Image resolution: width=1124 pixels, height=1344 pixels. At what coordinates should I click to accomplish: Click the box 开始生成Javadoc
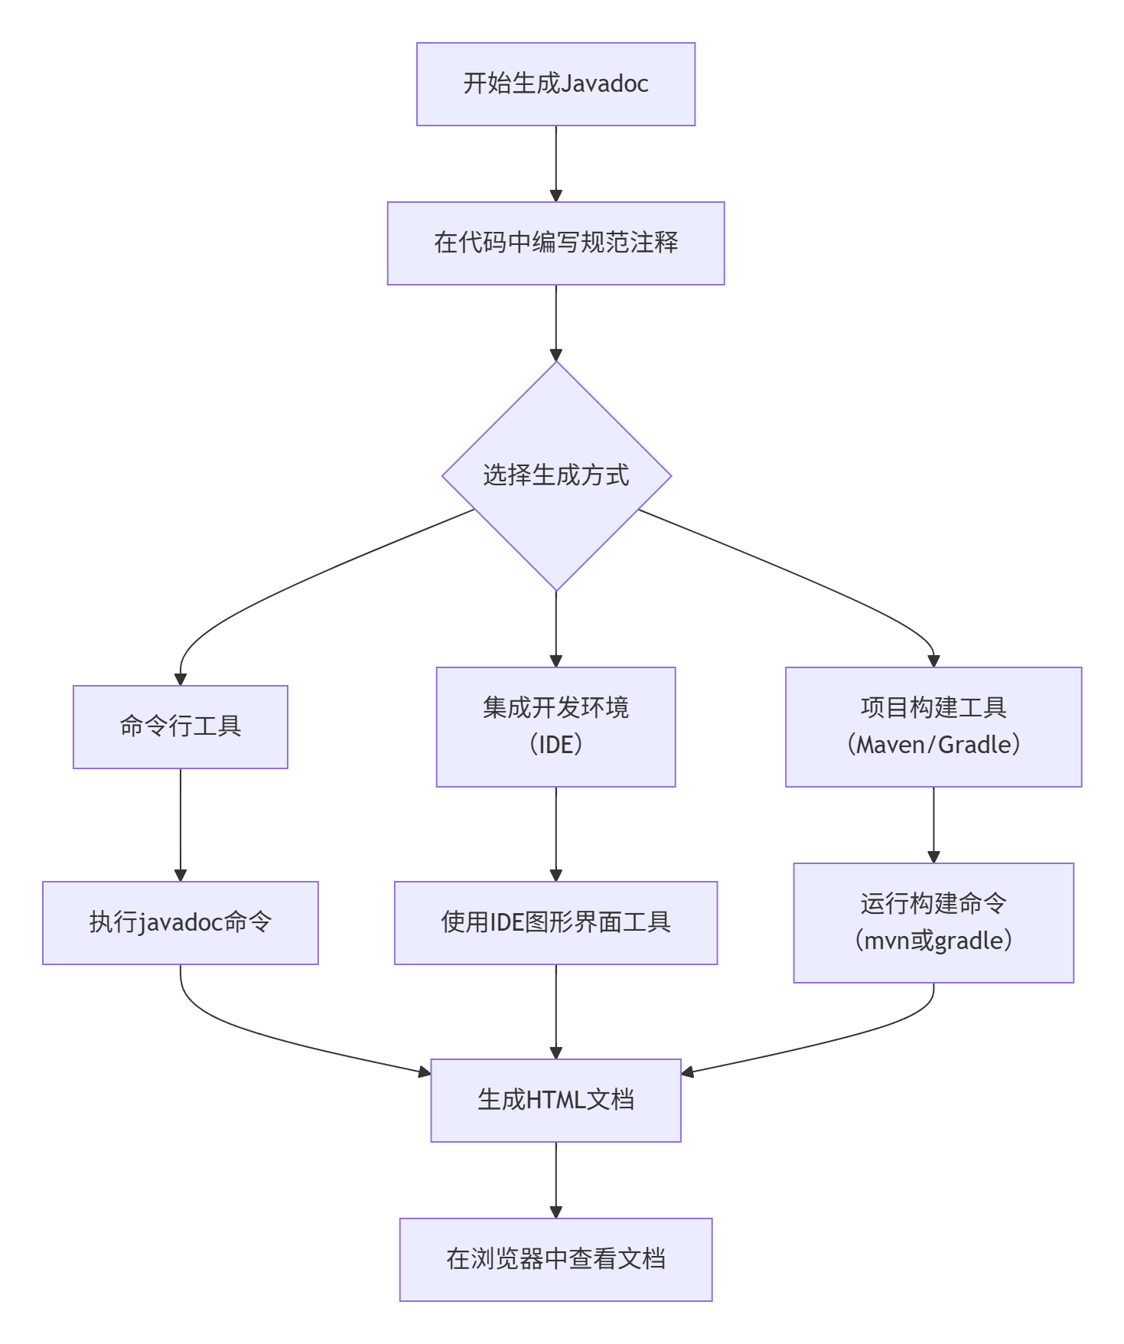[x=555, y=84]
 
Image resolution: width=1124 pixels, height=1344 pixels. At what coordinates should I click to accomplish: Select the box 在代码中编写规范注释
[x=555, y=243]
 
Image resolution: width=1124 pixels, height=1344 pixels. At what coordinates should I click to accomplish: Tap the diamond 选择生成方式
[x=556, y=475]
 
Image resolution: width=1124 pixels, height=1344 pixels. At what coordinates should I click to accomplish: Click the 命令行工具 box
[x=181, y=726]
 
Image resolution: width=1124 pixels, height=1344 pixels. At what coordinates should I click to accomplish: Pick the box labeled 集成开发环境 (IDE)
[x=555, y=726]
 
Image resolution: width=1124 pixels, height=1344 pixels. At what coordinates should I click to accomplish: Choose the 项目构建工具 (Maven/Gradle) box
[x=933, y=726]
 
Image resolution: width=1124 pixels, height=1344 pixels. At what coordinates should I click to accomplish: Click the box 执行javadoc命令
[x=181, y=922]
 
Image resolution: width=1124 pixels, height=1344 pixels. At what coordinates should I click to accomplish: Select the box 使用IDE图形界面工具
[x=555, y=922]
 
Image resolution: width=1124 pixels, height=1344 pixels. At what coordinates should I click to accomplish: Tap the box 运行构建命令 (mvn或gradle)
[x=933, y=922]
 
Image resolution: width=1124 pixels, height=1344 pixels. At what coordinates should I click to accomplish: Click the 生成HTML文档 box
[x=555, y=1100]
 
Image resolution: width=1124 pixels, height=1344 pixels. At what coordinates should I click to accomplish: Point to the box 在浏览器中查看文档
[x=555, y=1259]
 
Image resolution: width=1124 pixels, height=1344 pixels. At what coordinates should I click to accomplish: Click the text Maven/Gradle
[x=933, y=745]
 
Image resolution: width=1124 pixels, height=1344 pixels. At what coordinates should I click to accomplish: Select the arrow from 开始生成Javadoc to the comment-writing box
[x=556, y=163]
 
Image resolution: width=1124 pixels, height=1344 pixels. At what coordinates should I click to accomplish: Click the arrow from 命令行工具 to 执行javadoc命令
[x=181, y=824]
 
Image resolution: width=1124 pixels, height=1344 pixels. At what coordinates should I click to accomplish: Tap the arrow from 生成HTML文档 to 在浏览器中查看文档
[x=556, y=1179]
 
